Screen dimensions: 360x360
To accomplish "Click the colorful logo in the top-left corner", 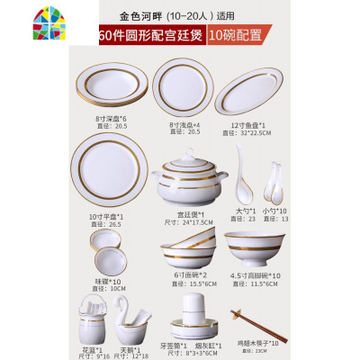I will [19, 17].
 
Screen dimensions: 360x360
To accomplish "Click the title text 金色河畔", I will [145, 15].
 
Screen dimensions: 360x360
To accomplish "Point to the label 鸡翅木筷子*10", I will [257, 346].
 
